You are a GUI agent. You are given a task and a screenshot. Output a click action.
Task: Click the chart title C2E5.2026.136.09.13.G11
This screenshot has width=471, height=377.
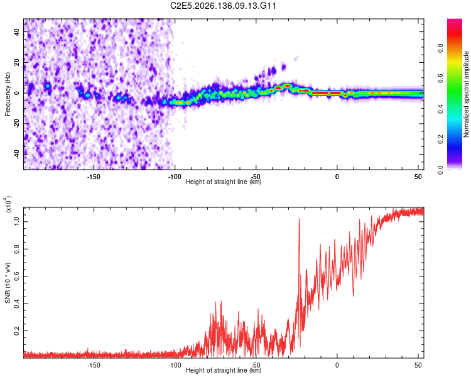(223, 6)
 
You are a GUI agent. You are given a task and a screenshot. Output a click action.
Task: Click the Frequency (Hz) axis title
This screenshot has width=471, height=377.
(8, 94)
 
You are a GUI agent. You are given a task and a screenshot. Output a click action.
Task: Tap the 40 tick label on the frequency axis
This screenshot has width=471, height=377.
(16, 32)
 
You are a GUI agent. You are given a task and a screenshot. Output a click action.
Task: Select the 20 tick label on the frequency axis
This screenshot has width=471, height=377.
(16, 63)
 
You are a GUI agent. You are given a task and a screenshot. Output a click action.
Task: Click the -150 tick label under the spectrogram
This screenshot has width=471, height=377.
(94, 177)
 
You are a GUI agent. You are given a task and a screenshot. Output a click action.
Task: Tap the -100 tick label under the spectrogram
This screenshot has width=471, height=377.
(175, 177)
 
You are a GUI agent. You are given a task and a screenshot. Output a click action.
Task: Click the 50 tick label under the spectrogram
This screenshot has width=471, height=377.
(418, 177)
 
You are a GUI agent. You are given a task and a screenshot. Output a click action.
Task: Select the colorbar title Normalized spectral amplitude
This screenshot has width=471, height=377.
(466, 94)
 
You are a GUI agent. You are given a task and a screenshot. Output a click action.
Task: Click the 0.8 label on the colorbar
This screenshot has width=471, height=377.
(440, 48)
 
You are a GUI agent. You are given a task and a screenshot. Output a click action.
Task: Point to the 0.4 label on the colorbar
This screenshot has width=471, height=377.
(440, 109)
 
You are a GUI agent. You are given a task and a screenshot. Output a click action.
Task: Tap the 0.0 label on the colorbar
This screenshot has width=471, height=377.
(440, 170)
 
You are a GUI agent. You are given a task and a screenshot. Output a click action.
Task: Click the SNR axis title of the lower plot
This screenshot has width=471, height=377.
(8, 283)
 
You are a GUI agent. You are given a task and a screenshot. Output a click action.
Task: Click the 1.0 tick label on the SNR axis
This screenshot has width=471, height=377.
(16, 222)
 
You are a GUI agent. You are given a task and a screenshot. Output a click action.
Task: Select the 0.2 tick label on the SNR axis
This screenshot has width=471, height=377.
(16, 331)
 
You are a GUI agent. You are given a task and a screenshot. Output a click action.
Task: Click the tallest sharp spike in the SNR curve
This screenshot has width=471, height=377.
(299, 219)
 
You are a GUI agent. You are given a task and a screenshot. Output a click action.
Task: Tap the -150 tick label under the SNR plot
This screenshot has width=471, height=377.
(94, 365)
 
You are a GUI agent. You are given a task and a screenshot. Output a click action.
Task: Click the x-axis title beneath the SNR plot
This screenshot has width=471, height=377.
(224, 370)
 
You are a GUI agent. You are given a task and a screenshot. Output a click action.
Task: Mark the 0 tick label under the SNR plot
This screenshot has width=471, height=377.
(337, 365)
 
